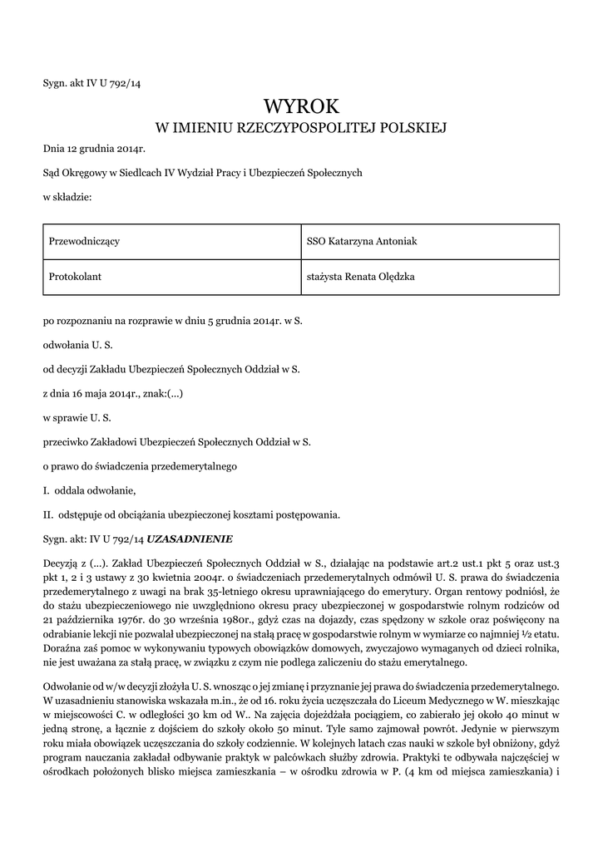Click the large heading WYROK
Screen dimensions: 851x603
302,106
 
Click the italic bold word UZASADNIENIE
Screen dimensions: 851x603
190,538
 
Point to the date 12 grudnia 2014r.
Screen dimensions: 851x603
106,150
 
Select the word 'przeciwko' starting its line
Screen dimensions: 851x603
64,443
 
